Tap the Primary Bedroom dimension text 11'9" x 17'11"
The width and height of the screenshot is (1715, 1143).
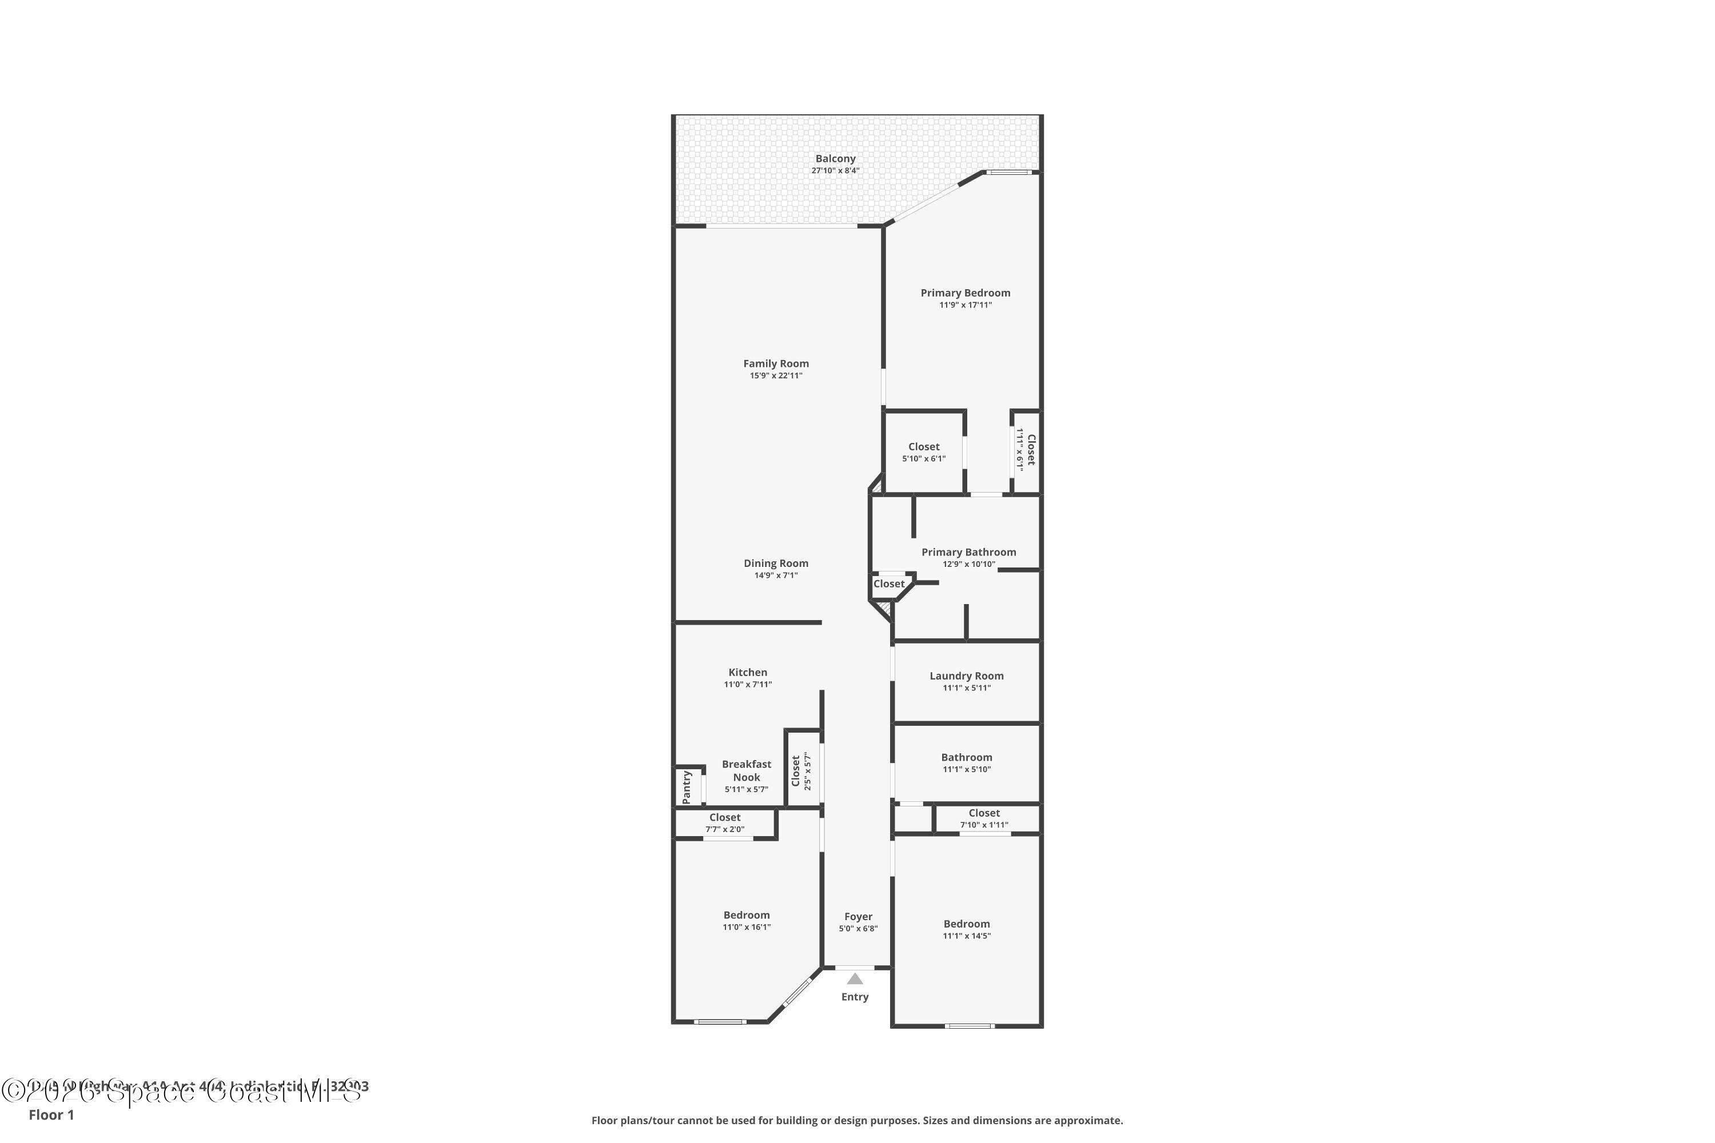pyautogui.click(x=965, y=305)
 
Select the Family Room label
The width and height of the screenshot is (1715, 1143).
pyautogui.click(x=776, y=363)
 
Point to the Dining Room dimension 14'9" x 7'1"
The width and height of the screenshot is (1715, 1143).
pyautogui.click(x=776, y=575)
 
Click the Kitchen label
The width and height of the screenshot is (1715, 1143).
pyautogui.click(x=747, y=672)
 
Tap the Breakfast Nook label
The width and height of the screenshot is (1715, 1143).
pyautogui.click(x=746, y=770)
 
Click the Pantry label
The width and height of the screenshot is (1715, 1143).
pyautogui.click(x=686, y=788)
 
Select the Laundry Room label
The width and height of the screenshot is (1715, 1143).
pyautogui.click(x=966, y=676)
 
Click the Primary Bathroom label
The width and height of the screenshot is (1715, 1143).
pyautogui.click(x=968, y=552)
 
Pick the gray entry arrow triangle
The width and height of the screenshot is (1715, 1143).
pyautogui.click(x=855, y=979)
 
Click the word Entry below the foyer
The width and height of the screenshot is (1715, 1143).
pyautogui.click(x=855, y=997)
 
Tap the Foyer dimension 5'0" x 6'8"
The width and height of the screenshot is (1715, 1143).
pyautogui.click(x=857, y=929)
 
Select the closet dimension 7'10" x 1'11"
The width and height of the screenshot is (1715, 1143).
pyautogui.click(x=984, y=825)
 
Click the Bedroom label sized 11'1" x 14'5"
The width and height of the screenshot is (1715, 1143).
pyautogui.click(x=966, y=924)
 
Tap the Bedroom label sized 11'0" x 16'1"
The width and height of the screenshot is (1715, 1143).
pyautogui.click(x=746, y=915)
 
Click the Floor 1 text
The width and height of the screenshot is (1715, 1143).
pyautogui.click(x=51, y=1114)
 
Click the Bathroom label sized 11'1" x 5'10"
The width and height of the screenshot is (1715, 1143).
pyautogui.click(x=966, y=757)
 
